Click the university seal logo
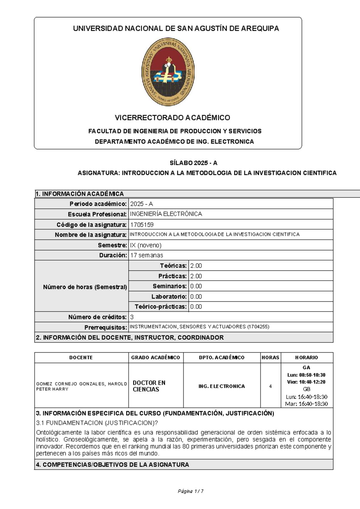[x=168, y=71]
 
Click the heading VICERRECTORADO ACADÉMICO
[x=172, y=118]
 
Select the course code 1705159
[x=142, y=224]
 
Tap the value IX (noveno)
[x=146, y=245]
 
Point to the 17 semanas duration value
[x=147, y=255]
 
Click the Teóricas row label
[x=173, y=266]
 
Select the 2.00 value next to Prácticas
[x=196, y=276]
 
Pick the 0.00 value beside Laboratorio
[x=196, y=297]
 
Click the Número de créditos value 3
[x=132, y=317]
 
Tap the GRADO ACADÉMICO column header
[x=155, y=357]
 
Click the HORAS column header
[x=270, y=357]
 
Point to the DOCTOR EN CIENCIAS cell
[x=149, y=386]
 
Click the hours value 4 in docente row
[x=270, y=386]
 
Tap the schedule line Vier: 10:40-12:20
[x=306, y=382]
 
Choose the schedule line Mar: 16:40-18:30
[x=306, y=404]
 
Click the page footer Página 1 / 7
[x=191, y=491]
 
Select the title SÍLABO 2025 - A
[x=193, y=163]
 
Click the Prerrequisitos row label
[x=106, y=327]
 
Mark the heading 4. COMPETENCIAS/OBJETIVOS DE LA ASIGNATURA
[x=112, y=465]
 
